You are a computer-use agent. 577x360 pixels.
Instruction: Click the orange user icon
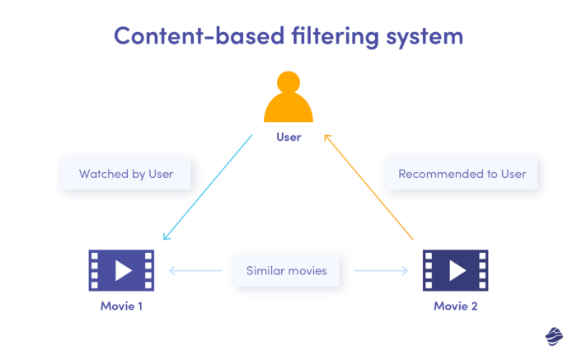288,99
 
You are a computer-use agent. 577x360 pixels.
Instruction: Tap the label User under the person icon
288,137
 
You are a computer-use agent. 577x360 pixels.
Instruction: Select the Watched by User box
126,174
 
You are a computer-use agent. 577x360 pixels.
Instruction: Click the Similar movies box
286,270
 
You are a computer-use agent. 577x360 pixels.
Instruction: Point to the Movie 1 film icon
121,270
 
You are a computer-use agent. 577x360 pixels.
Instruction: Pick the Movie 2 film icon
455,270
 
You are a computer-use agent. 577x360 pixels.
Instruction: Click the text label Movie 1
121,306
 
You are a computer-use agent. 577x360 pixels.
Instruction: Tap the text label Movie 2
455,306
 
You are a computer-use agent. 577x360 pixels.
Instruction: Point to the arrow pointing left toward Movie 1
195,270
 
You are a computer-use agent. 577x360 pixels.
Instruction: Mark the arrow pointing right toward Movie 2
379,270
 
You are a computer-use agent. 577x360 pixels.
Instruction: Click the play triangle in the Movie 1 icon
122,270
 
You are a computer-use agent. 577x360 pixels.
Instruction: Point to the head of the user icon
288,83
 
